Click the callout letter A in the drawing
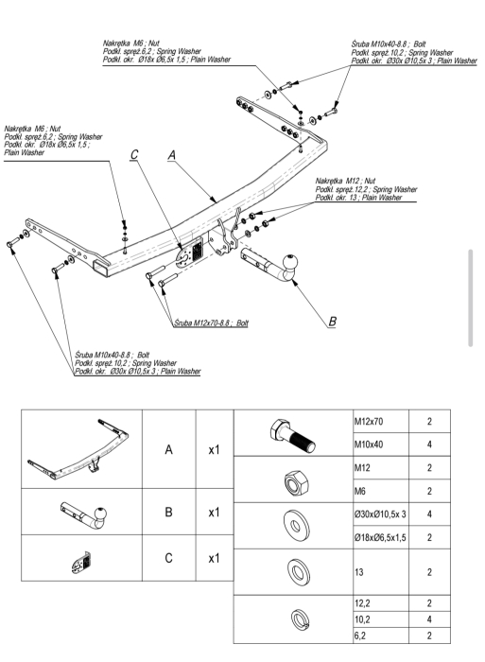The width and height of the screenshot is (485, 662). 171,155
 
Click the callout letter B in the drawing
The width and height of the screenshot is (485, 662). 332,322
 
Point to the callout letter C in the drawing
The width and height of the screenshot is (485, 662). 134,154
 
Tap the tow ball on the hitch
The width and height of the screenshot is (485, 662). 290,262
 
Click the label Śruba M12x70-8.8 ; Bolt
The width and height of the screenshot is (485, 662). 211,323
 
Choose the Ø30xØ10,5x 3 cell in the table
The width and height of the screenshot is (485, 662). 380,514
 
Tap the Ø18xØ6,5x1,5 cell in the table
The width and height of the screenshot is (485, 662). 380,537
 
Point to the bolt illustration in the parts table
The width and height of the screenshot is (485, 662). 292,435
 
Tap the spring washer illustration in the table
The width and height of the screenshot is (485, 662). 300,619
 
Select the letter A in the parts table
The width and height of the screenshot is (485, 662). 168,449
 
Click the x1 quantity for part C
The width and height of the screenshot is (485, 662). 214,558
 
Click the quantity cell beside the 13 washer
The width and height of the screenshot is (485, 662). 429,572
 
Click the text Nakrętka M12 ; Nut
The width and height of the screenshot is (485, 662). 345,181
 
